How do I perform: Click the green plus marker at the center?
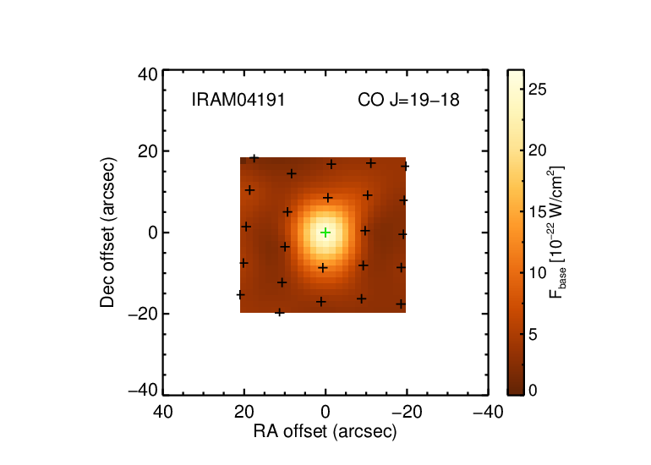point(325,232)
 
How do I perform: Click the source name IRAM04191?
point(238,100)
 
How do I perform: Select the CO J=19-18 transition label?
point(408,100)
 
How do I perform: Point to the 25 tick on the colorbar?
point(538,90)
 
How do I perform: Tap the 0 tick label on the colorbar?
point(533,390)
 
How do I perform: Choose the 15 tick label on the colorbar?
point(538,211)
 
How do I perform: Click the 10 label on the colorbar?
point(538,273)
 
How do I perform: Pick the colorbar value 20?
point(538,150)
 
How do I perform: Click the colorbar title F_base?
point(557,232)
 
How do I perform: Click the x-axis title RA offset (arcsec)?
point(325,431)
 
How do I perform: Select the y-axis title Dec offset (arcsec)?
point(107,232)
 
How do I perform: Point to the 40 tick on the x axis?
point(162,412)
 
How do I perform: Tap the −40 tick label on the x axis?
point(489,412)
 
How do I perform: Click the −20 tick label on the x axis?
point(407,412)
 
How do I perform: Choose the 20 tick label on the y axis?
point(148,151)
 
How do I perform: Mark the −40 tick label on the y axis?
point(143,391)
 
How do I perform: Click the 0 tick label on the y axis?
point(153,232)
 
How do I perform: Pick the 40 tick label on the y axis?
point(148,74)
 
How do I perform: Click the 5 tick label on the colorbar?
point(533,334)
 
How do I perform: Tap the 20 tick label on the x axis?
point(244,412)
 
